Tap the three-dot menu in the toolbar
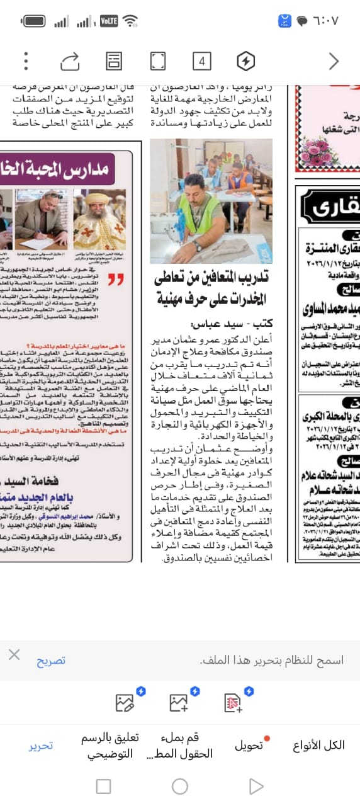pyautogui.click(x=26, y=61)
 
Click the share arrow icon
pyautogui.click(x=69, y=61)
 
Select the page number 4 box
pyautogui.click(x=201, y=61)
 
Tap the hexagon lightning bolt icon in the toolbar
pyautogui.click(x=245, y=61)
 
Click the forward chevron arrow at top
pyautogui.click(x=334, y=61)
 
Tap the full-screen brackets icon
pyautogui.click(x=157, y=61)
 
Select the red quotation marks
pyautogui.click(x=115, y=279)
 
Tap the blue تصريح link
pyautogui.click(x=51, y=661)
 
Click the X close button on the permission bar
pyautogui.click(x=14, y=655)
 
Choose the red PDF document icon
pyautogui.click(x=233, y=702)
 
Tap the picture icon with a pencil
pyautogui.click(x=125, y=702)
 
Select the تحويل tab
pyautogui.click(x=249, y=746)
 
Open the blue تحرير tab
pyautogui.click(x=41, y=746)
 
